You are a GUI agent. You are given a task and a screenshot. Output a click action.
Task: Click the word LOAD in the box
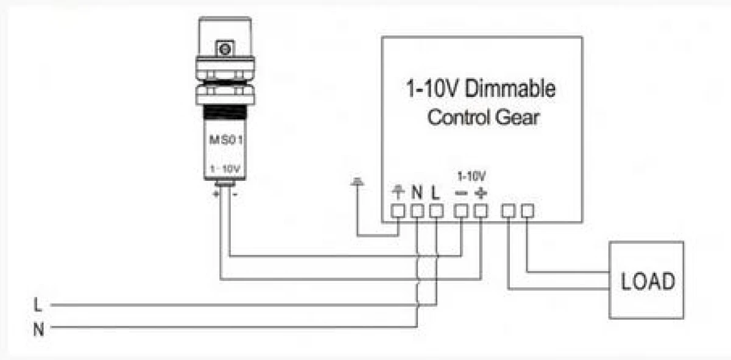coord(648,281)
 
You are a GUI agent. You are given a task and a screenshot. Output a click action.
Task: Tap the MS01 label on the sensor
coord(225,140)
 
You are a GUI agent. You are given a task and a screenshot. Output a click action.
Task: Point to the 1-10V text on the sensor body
coord(225,169)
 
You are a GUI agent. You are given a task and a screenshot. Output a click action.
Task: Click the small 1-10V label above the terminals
coord(472,176)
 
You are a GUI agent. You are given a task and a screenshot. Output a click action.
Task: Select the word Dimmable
coord(510,88)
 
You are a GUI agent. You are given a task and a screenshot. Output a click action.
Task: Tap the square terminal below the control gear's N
coord(417,211)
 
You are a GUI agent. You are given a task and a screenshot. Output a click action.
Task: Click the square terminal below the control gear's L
coord(436,211)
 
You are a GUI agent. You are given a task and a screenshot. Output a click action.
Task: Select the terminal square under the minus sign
coord(461,211)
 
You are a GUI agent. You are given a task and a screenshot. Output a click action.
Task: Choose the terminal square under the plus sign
coord(481,211)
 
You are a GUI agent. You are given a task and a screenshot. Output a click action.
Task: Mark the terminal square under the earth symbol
coord(398,211)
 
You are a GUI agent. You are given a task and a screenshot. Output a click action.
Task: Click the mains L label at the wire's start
coord(38,305)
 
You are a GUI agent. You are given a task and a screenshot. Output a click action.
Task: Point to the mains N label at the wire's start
coord(38,330)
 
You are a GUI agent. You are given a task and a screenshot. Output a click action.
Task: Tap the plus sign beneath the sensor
coord(216,194)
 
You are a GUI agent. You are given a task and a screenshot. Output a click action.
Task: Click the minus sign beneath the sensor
coord(235,195)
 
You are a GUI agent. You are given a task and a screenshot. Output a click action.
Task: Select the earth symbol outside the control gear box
coord(358,181)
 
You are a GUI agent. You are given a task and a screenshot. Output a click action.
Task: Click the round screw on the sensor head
coord(225,49)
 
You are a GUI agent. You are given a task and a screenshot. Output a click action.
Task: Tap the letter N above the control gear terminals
coord(417,192)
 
